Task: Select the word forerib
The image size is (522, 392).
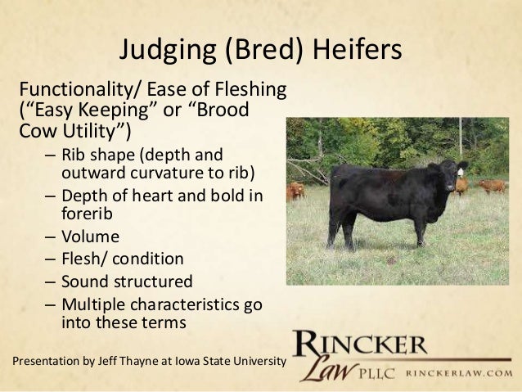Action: coord(89,215)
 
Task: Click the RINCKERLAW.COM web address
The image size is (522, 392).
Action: coord(463,372)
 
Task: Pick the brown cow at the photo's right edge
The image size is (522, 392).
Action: coord(492,186)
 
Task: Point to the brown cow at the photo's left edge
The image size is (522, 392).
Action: coord(295,191)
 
